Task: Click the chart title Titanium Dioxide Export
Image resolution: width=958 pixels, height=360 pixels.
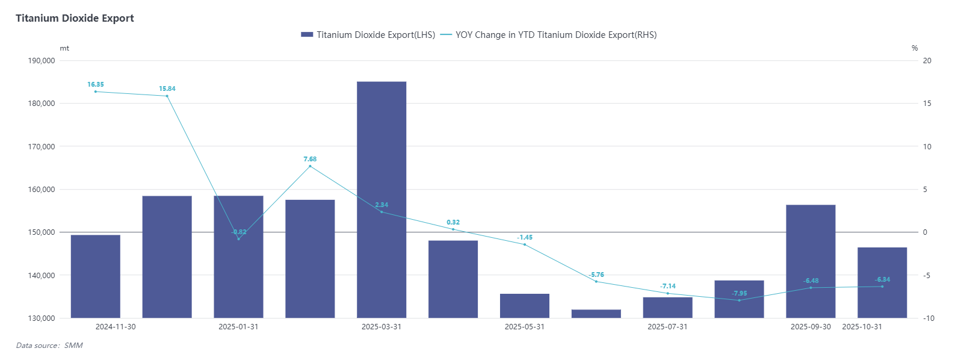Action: pyautogui.click(x=75, y=18)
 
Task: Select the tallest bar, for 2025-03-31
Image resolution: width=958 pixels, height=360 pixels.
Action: pyautogui.click(x=382, y=199)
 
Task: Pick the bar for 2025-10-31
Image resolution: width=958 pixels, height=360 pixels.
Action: pyautogui.click(x=882, y=282)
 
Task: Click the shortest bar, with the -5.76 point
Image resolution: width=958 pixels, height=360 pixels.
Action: pyautogui.click(x=596, y=314)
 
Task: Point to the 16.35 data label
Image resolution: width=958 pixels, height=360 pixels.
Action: pyautogui.click(x=96, y=84)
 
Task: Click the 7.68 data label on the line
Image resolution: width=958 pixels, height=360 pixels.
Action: pyautogui.click(x=310, y=159)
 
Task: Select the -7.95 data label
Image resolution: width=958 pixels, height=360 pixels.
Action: pyautogui.click(x=740, y=293)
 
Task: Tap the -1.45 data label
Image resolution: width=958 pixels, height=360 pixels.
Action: pyautogui.click(x=525, y=237)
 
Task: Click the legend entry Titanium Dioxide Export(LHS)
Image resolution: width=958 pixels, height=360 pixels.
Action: pyautogui.click(x=368, y=35)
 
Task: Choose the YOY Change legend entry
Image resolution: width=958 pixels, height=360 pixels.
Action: pyautogui.click(x=549, y=35)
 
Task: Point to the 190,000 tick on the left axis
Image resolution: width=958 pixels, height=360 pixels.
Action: pyautogui.click(x=42, y=60)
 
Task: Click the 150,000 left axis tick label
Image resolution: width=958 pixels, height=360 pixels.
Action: pyautogui.click(x=42, y=232)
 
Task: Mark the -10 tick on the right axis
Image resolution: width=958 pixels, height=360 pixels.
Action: pyautogui.click(x=929, y=318)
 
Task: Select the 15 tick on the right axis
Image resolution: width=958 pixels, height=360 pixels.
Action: pyautogui.click(x=927, y=104)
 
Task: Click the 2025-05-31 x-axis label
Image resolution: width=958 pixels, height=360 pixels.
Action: pyautogui.click(x=525, y=327)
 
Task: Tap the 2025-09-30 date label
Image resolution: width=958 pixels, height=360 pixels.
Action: pyautogui.click(x=811, y=327)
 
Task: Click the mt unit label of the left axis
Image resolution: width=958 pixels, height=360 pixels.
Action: pyautogui.click(x=64, y=48)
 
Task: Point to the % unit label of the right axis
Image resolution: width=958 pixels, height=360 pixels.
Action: pyautogui.click(x=915, y=48)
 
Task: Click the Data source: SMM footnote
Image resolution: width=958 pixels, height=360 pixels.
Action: pyautogui.click(x=49, y=346)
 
